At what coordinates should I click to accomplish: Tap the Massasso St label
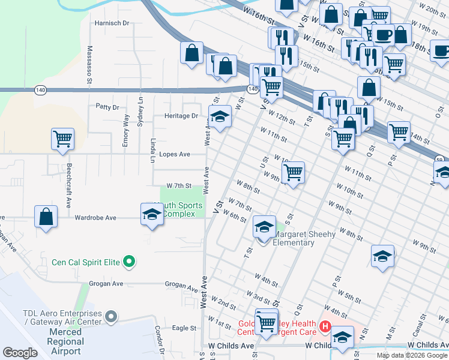click(x=89, y=64)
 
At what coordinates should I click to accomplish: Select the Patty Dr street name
click(x=107, y=107)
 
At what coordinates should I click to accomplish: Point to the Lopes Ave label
click(x=175, y=154)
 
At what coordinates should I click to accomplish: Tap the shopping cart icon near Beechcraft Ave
click(x=62, y=139)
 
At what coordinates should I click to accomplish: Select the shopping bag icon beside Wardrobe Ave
click(x=46, y=217)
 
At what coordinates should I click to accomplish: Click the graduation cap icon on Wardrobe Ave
click(x=152, y=214)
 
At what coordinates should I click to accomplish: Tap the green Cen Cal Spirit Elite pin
click(x=128, y=262)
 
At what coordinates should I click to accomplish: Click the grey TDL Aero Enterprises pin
click(x=110, y=316)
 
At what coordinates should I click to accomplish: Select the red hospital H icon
click(x=325, y=326)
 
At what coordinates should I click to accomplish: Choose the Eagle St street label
click(x=184, y=328)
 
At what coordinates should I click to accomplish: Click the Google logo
click(x=20, y=353)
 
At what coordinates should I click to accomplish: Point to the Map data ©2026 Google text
click(x=411, y=355)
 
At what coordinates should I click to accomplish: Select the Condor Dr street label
click(x=159, y=340)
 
